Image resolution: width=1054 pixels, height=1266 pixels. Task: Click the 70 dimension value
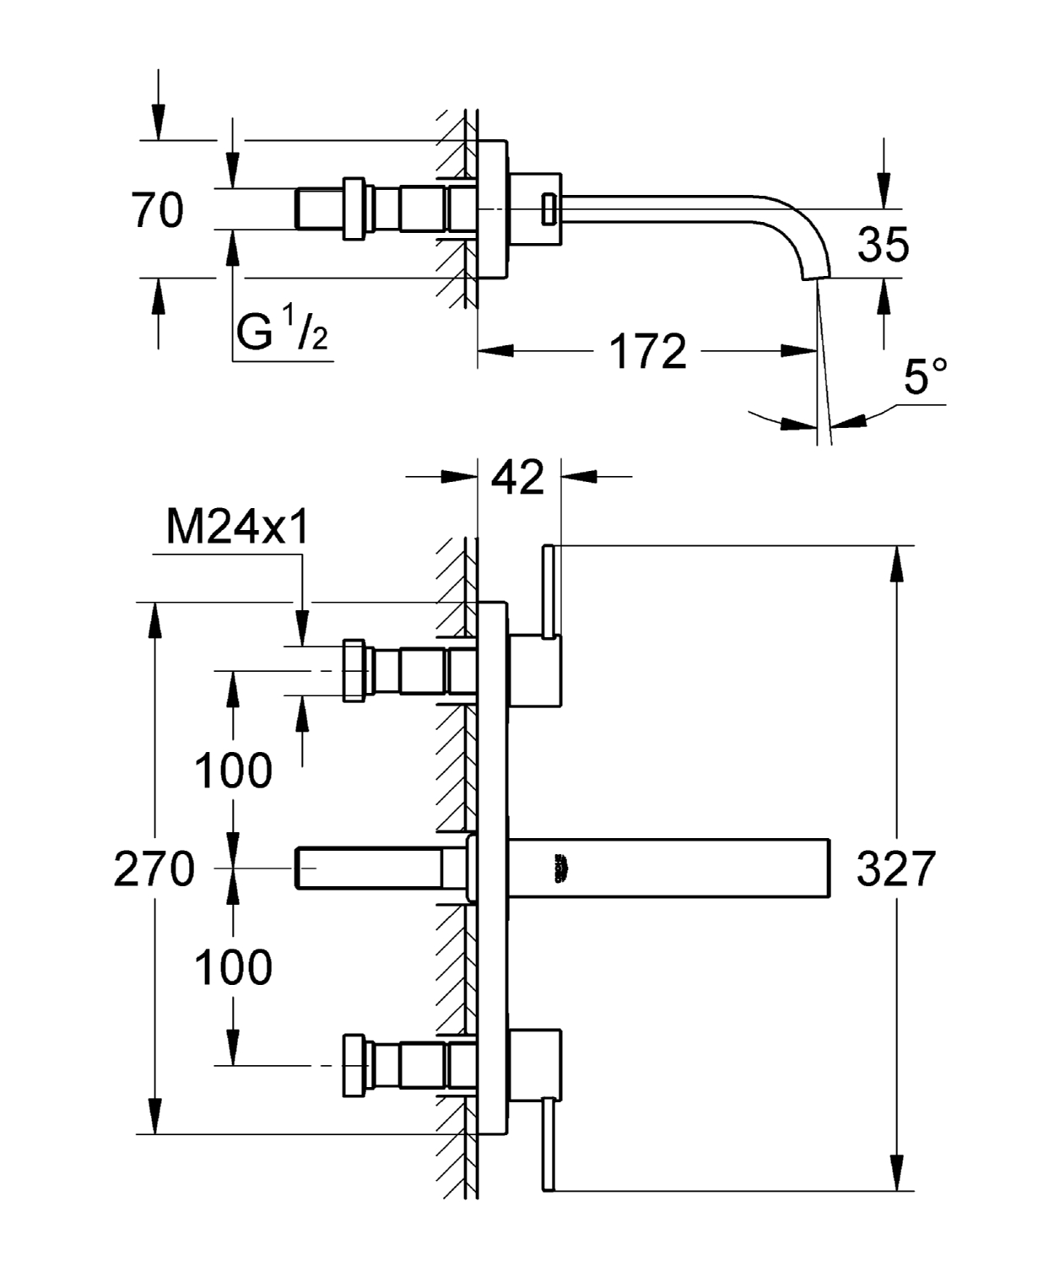coord(158,210)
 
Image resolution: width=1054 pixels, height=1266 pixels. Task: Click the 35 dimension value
coord(884,245)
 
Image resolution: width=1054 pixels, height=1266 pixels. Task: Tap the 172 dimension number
coord(648,351)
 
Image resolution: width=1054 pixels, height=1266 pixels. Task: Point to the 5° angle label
coord(925,377)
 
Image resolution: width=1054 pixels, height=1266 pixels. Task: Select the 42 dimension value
coord(518,478)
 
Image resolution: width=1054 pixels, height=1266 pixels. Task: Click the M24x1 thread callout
coord(238,528)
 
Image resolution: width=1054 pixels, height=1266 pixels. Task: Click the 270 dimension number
coord(154,868)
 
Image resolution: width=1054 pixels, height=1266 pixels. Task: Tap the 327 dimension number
coord(896,868)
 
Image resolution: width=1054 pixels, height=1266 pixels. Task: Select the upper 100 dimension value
coord(234,771)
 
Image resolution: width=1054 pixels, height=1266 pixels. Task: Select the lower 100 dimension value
coord(234,967)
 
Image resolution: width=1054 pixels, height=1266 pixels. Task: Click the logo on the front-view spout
coord(560,868)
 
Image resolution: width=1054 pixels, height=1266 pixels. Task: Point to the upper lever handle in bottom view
coord(548,591)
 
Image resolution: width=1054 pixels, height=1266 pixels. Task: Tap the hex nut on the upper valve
coord(355,671)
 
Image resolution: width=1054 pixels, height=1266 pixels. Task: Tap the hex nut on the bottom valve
coord(355,1066)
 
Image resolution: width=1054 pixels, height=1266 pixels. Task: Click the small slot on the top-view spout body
coord(548,208)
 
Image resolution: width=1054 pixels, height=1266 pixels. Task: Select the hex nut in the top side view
coord(355,208)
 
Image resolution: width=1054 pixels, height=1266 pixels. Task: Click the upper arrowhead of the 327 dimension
coord(896,561)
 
